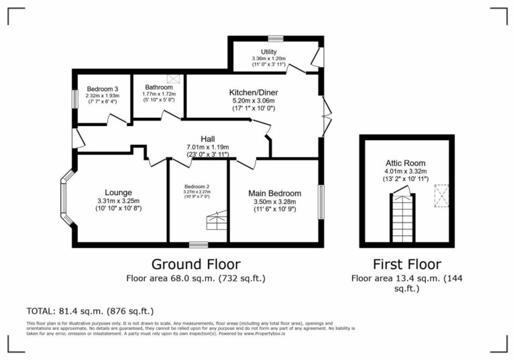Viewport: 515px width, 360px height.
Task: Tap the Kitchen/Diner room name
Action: (253, 93)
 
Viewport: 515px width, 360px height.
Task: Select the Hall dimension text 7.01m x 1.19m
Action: (207, 147)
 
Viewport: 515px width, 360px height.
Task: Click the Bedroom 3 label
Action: (103, 88)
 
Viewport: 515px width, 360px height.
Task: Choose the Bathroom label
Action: (160, 86)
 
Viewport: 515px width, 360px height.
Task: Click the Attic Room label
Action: (405, 163)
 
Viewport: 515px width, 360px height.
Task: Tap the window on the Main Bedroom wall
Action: (321, 201)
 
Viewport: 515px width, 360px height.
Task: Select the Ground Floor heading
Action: (195, 263)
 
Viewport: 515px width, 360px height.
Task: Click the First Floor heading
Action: (407, 263)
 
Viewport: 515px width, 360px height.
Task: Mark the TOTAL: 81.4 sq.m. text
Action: (90, 311)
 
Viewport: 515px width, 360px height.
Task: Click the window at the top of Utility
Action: (275, 38)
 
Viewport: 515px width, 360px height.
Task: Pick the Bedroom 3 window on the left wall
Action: (74, 98)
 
